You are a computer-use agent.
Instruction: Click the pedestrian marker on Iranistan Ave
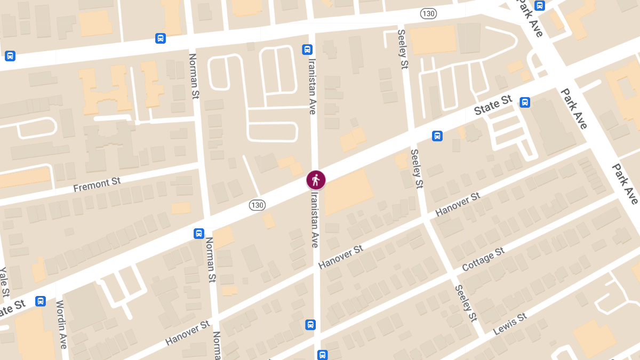tap(316, 180)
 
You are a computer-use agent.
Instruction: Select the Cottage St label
tap(483, 259)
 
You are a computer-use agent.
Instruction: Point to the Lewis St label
tap(510, 324)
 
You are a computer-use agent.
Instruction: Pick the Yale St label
tap(4, 282)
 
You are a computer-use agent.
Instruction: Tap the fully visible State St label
tap(493, 105)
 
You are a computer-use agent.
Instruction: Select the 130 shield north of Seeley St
tap(428, 13)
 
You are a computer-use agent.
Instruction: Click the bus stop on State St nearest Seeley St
tap(437, 136)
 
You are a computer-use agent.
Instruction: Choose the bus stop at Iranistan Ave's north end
tap(307, 50)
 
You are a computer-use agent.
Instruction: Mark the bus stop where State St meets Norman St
tap(199, 233)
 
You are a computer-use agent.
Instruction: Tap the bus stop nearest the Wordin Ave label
tap(41, 301)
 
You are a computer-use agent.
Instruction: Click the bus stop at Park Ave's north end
tap(540, 6)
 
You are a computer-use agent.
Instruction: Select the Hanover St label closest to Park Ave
tap(458, 204)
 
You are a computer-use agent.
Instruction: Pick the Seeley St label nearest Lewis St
tap(465, 303)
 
